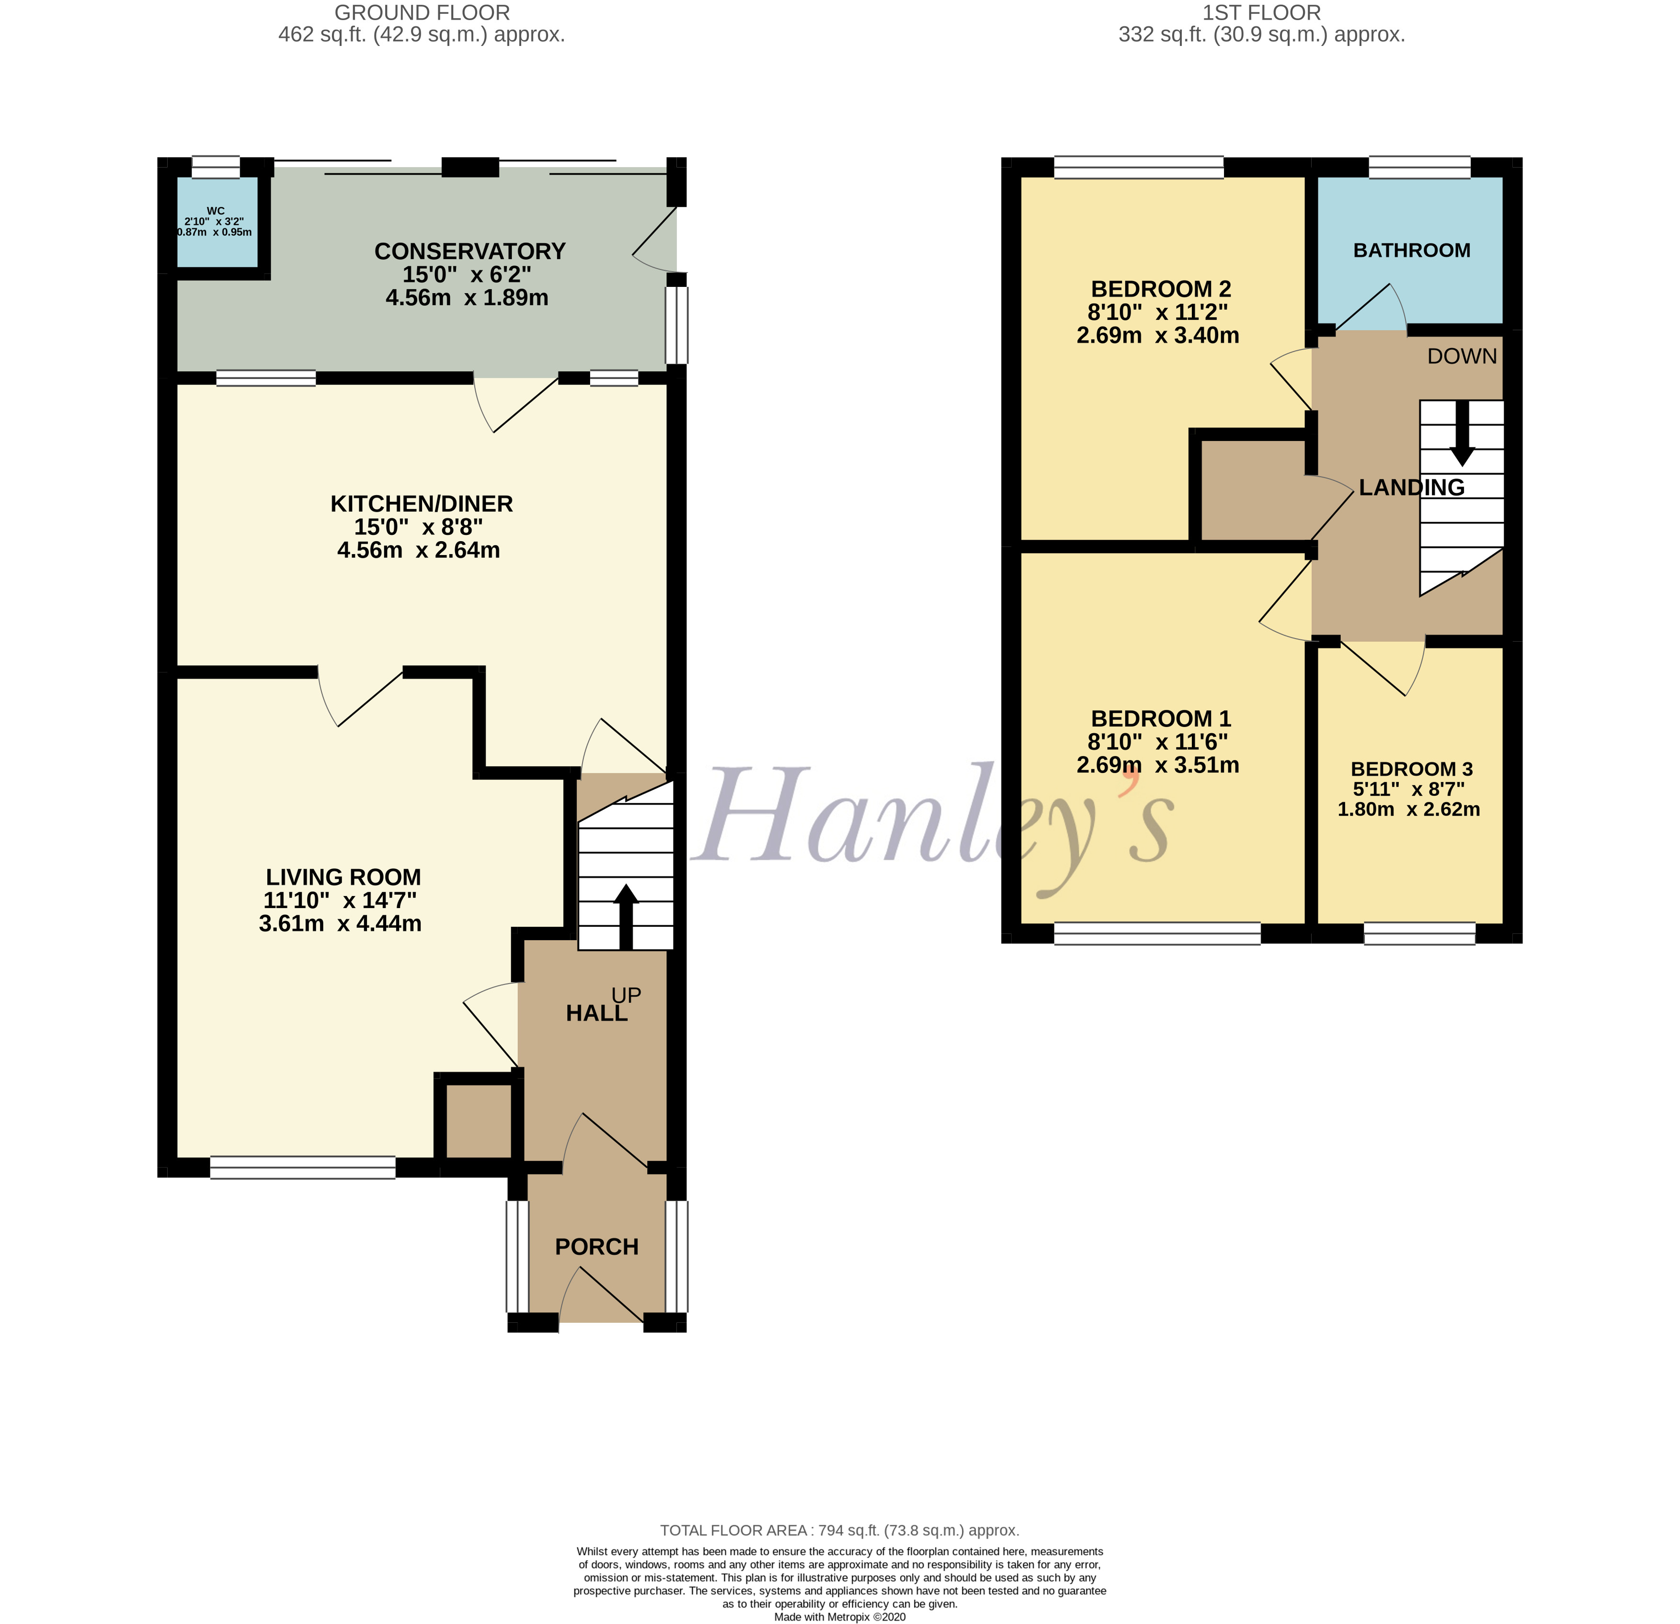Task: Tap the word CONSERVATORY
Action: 470,251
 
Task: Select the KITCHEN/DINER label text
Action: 421,503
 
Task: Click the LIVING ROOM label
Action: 343,877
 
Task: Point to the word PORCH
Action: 596,1246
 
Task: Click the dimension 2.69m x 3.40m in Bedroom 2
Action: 1157,335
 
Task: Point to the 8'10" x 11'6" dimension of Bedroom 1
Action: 1157,741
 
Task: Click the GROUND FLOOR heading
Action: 422,13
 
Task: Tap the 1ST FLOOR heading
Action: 1261,13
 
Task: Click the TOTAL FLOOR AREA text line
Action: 839,1530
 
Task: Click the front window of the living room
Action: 303,1167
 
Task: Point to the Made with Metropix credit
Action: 839,1616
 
